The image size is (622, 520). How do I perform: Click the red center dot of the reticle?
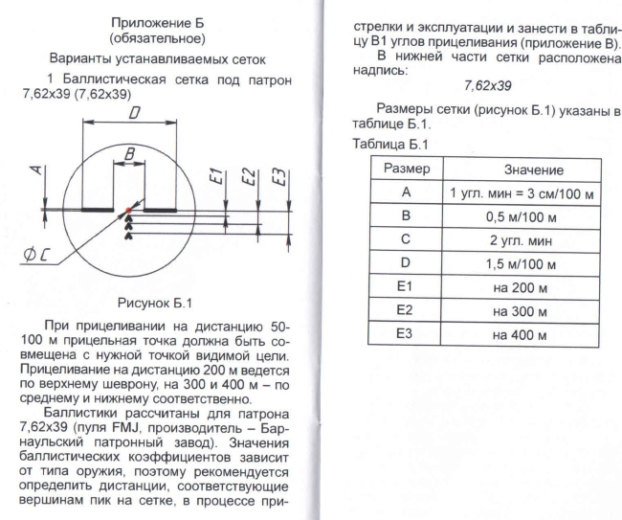pyautogui.click(x=127, y=210)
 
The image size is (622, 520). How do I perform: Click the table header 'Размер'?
pyautogui.click(x=406, y=170)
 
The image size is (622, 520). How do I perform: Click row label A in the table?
pyautogui.click(x=406, y=193)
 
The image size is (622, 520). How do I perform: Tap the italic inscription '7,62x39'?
pyautogui.click(x=484, y=86)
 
